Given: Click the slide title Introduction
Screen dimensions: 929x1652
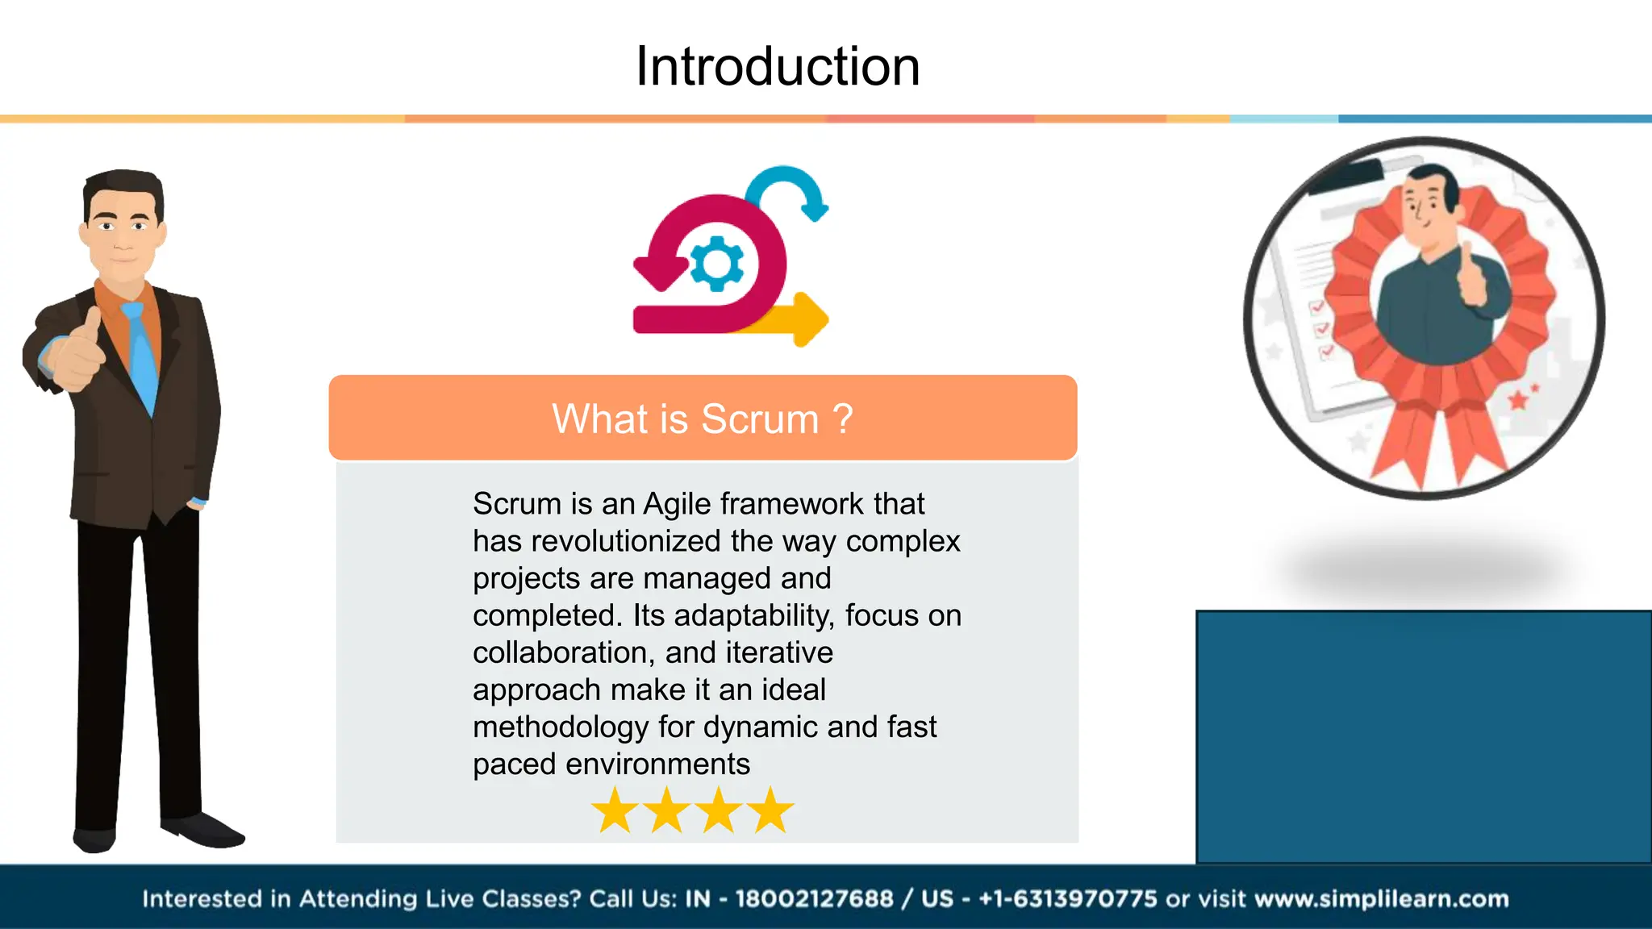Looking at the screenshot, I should [x=777, y=66].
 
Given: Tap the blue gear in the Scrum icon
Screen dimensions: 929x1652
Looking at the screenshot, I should [x=716, y=263].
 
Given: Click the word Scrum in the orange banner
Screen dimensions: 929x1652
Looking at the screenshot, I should [x=759, y=419].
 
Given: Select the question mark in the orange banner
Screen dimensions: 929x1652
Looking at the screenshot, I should [x=842, y=419].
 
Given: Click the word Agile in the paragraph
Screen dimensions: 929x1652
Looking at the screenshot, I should [x=676, y=504].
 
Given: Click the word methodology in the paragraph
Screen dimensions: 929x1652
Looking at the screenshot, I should [x=560, y=727].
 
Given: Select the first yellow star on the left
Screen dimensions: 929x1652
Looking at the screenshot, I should [x=615, y=810].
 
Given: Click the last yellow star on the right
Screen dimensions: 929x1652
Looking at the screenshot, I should [x=771, y=810].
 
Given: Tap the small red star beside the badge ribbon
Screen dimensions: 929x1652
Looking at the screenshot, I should [x=1518, y=399].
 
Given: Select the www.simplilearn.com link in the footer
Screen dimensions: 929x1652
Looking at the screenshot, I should [x=1381, y=898].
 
